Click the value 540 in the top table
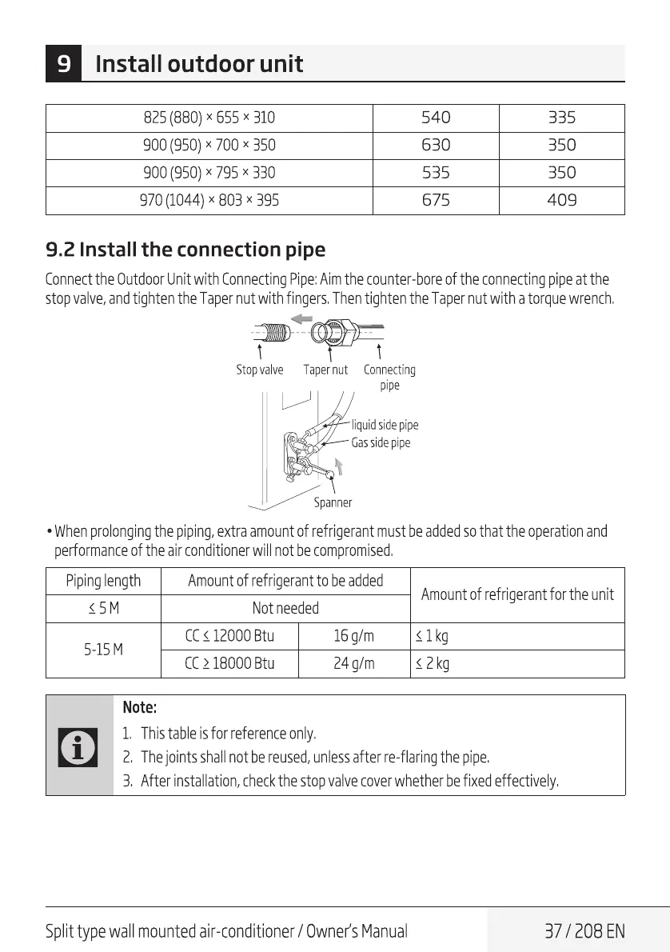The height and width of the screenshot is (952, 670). pos(436,118)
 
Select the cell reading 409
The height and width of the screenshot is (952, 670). pos(561,200)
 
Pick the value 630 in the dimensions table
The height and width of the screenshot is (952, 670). pos(436,146)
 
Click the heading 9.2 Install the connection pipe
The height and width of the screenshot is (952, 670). pos(185,250)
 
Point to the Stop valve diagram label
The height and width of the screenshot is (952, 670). pos(259,370)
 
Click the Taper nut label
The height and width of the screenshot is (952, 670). pos(325,370)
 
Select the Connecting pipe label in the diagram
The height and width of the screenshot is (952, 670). pos(389,377)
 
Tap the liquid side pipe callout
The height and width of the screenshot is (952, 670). pos(385,425)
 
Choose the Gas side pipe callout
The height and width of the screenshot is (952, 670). pos(381,442)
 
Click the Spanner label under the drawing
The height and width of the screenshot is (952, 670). pos(333,503)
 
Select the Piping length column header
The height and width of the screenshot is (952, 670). pos(103,581)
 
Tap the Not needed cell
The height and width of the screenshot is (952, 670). pos(285,608)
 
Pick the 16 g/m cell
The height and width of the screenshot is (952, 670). pos(353,636)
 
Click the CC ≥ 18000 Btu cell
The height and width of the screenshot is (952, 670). pos(229,663)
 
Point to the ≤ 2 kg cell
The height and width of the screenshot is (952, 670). pos(432,663)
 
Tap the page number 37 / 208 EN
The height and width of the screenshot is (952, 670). pos(584,931)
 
